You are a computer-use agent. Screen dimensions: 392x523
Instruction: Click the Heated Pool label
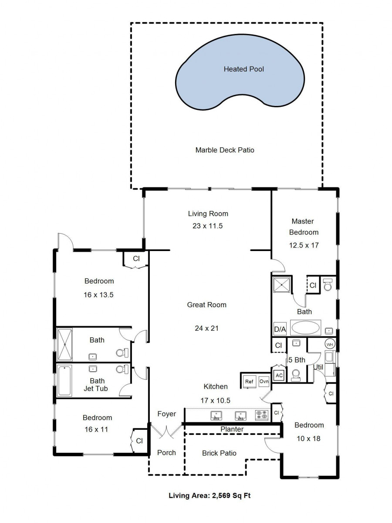[243, 69]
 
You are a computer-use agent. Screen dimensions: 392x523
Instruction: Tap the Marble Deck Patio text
[225, 150]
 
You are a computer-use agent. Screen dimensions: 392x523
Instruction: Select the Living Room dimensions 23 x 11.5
[208, 226]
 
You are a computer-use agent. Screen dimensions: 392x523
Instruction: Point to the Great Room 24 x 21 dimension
[206, 328]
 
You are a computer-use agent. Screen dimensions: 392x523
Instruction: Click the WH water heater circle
[330, 344]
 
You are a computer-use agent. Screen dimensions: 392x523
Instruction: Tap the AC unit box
[279, 376]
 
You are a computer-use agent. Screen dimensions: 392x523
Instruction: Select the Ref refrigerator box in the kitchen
[249, 381]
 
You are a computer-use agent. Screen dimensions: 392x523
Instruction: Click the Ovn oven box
[264, 381]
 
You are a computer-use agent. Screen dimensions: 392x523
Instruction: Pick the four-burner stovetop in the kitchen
[262, 415]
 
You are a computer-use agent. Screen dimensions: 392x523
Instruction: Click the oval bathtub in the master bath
[306, 328]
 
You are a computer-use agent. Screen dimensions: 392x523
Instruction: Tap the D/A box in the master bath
[280, 329]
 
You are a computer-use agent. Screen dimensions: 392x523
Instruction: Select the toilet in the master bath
[328, 285]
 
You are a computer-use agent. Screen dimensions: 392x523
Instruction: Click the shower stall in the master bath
[281, 285]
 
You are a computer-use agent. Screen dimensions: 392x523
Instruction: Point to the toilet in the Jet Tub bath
[122, 369]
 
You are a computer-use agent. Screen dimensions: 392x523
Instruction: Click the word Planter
[232, 429]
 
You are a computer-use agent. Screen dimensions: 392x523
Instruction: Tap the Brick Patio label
[219, 453]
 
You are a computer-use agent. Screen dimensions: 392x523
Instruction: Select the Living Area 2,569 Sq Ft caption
[210, 496]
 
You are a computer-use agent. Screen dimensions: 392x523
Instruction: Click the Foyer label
[167, 414]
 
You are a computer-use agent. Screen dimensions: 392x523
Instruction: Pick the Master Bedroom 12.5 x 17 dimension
[304, 245]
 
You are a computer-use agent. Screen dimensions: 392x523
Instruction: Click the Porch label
[166, 452]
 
